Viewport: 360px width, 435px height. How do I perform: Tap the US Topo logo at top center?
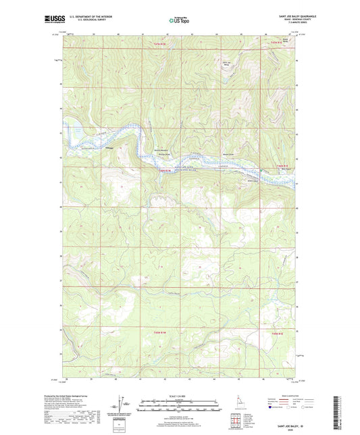coord(179,21)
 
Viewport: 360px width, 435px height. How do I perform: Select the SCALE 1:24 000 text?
coord(179,396)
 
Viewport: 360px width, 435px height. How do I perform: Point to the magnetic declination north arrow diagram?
coord(122,405)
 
